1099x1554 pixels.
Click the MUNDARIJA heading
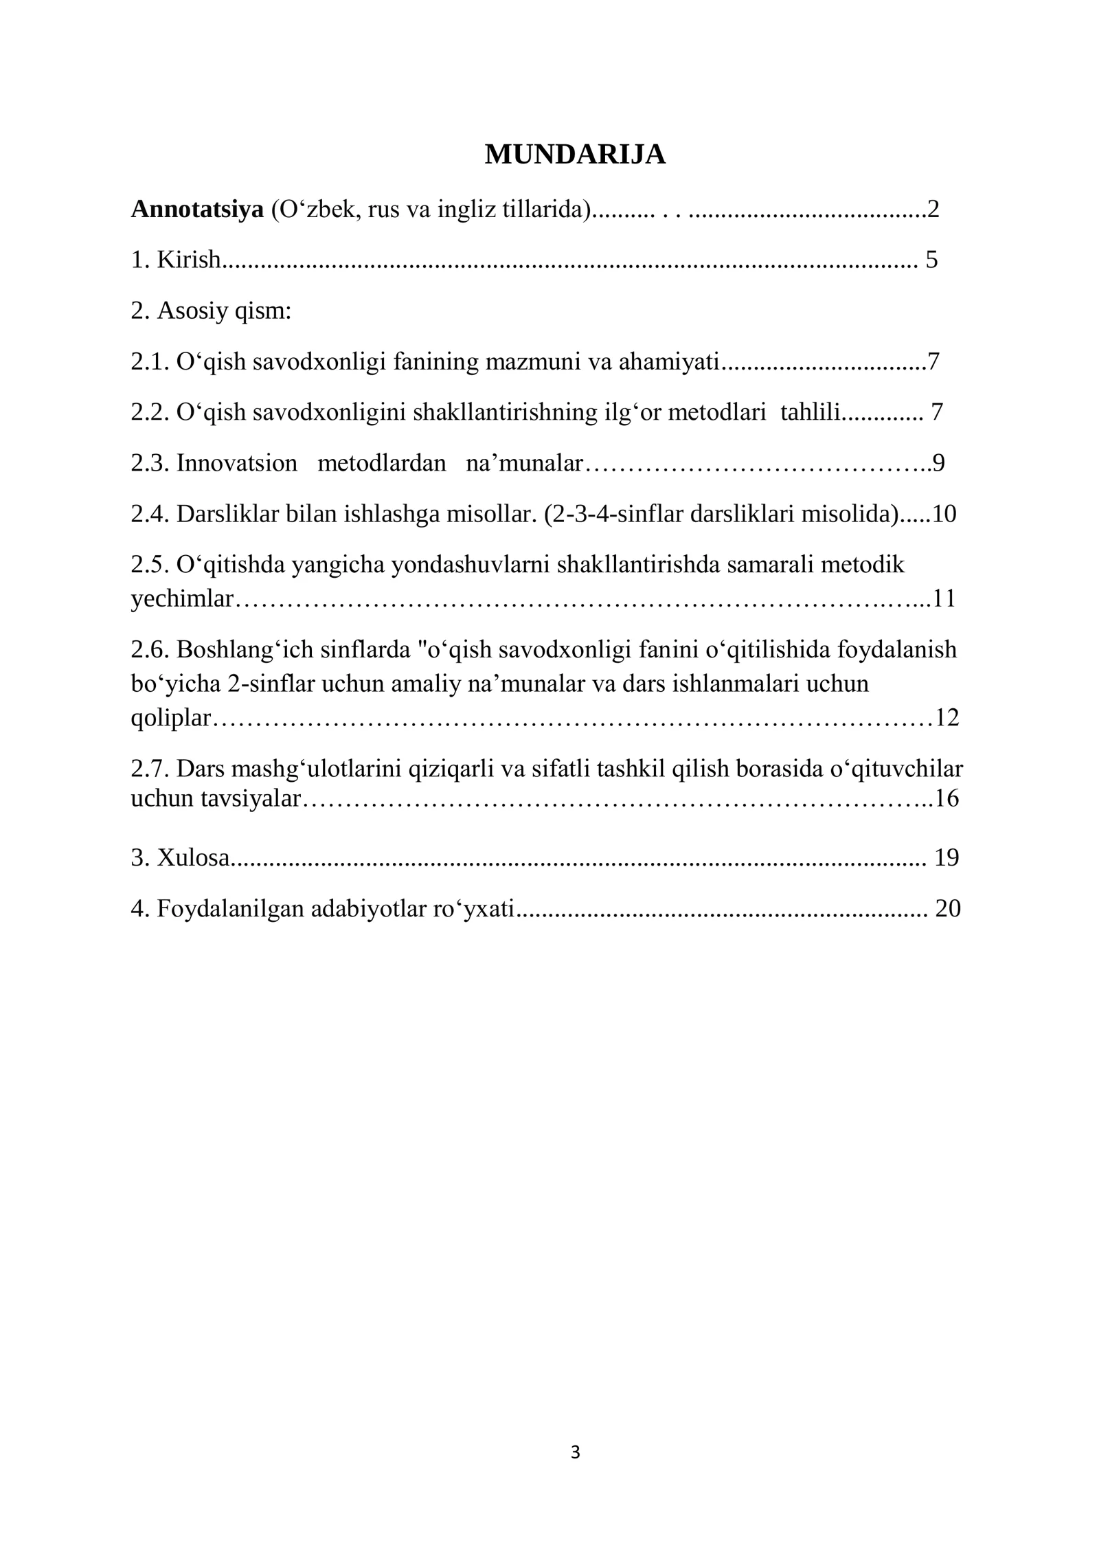[575, 155]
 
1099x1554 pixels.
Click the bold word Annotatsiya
[197, 209]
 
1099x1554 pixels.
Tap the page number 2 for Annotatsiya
[933, 209]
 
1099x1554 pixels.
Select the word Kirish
[189, 260]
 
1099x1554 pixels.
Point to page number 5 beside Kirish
[931, 260]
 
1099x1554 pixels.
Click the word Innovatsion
[236, 463]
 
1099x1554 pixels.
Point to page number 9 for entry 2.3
[938, 463]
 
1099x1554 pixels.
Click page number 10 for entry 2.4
[944, 514]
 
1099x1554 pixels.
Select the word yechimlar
[182, 599]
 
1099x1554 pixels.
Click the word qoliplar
[170, 718]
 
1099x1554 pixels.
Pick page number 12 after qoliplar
[947, 718]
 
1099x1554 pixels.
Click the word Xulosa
[193, 857]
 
